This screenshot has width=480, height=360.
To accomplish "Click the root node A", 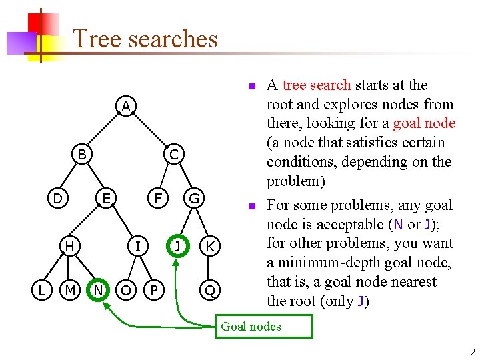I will coord(126,107).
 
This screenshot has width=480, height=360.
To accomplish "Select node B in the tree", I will coord(82,155).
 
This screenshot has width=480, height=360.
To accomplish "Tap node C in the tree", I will coord(173,155).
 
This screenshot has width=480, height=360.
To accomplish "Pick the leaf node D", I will coord(58,198).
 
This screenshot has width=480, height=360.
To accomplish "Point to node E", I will coord(105,198).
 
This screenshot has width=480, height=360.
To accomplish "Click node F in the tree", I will coord(158,198).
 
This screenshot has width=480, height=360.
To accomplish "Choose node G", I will coord(194,198).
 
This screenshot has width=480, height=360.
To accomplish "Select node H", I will coord(69,247).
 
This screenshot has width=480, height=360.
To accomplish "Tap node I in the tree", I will coord(137,247).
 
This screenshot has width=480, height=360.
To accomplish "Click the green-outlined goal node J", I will coord(177,246).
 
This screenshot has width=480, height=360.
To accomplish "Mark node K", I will coord(210,247).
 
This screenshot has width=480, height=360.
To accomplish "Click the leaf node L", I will coord(41,290).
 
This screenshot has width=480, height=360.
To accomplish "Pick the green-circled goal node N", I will coord(99,290).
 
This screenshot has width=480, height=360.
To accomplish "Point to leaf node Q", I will coord(210,290).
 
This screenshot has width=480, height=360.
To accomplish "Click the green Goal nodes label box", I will coord(264,327).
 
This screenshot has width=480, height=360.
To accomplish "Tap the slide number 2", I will coord(471,352).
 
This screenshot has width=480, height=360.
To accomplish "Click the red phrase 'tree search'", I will coord(317,85).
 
